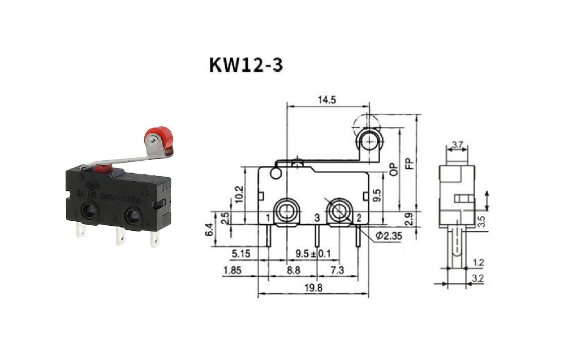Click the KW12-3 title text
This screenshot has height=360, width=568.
(x=246, y=64)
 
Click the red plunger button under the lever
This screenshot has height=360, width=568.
(x=103, y=168)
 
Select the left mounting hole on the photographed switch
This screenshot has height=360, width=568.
(x=88, y=211)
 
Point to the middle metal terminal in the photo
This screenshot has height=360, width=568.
(x=120, y=235)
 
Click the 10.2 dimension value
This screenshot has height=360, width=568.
(x=239, y=195)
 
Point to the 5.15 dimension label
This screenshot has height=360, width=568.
(x=241, y=254)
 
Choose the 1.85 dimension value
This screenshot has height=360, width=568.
(x=233, y=271)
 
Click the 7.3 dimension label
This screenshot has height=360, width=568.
(x=338, y=271)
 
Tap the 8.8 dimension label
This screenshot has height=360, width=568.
(x=293, y=271)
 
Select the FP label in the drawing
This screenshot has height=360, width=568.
(x=410, y=164)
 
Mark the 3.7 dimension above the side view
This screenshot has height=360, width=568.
(x=457, y=145)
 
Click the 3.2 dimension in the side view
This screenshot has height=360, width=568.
(x=478, y=278)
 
